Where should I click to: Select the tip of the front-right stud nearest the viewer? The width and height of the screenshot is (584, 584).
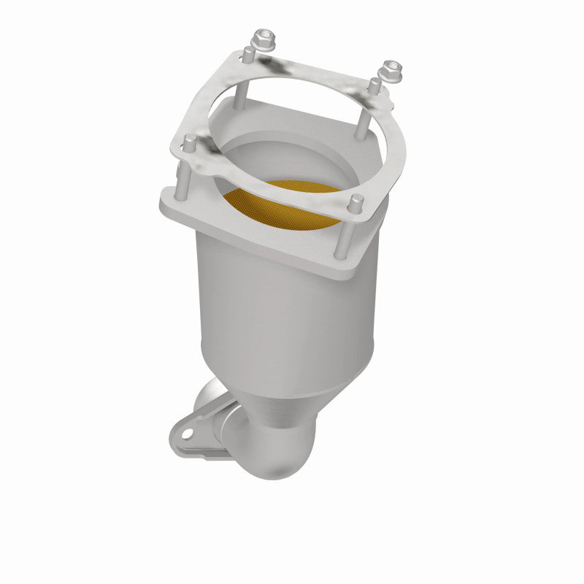pyautogui.click(x=356, y=199)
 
